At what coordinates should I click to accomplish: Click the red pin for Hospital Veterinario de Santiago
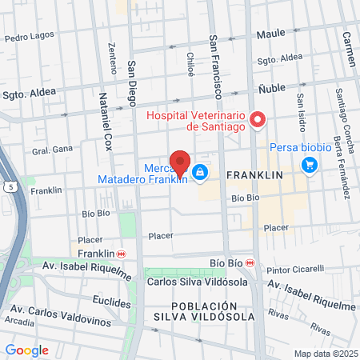pyautogui.click(x=258, y=121)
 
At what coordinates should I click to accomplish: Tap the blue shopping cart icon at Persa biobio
pyautogui.click(x=309, y=166)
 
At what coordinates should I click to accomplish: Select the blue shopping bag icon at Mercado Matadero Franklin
pyautogui.click(x=199, y=172)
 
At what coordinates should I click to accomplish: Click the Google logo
pyautogui.click(x=26, y=350)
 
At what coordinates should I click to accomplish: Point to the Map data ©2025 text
pyautogui.click(x=325, y=354)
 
